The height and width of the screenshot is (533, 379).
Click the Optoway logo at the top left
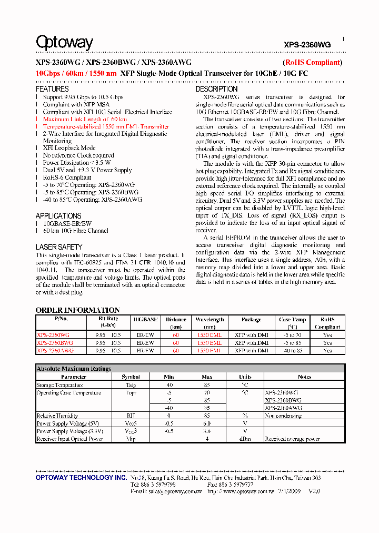click(64, 43)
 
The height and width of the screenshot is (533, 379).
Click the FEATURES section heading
click(52, 89)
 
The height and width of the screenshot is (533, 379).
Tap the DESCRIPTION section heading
click(216, 89)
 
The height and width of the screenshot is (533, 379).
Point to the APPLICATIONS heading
click(58, 216)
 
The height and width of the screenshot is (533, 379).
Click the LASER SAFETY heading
click(59, 247)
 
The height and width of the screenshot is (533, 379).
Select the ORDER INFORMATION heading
click(77, 310)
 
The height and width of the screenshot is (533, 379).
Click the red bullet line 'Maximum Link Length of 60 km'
click(85, 120)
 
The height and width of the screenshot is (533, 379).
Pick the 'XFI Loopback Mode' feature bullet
click(69, 148)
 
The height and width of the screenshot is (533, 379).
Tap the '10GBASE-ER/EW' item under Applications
click(67, 223)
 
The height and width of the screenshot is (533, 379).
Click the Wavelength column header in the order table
click(210, 320)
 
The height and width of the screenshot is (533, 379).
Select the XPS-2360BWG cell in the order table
click(55, 343)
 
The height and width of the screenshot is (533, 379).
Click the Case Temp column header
click(292, 320)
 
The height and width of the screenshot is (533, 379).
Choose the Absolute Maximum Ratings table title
click(74, 369)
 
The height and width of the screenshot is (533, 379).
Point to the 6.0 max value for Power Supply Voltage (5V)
click(207, 423)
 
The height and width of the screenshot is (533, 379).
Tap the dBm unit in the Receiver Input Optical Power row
click(245, 439)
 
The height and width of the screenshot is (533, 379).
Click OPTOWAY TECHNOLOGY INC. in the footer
click(81, 478)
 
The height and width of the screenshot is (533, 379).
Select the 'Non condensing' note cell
click(283, 416)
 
